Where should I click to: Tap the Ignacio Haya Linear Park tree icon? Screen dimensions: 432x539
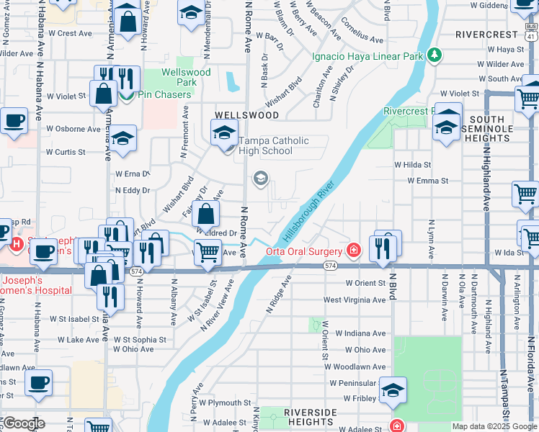click(x=434, y=55)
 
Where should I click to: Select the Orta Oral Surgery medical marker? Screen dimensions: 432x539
click(x=353, y=251)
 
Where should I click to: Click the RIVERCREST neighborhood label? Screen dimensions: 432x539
click(x=487, y=35)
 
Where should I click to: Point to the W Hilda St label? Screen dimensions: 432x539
click(x=412, y=165)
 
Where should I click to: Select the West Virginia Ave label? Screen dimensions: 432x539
click(x=355, y=300)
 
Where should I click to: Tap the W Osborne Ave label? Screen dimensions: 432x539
click(x=73, y=130)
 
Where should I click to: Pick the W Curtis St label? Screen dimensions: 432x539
click(x=66, y=152)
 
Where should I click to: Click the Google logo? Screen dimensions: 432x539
click(x=23, y=423)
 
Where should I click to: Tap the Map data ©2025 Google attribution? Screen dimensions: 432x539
click(x=494, y=426)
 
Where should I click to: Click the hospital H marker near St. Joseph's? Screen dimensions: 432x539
click(x=16, y=244)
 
